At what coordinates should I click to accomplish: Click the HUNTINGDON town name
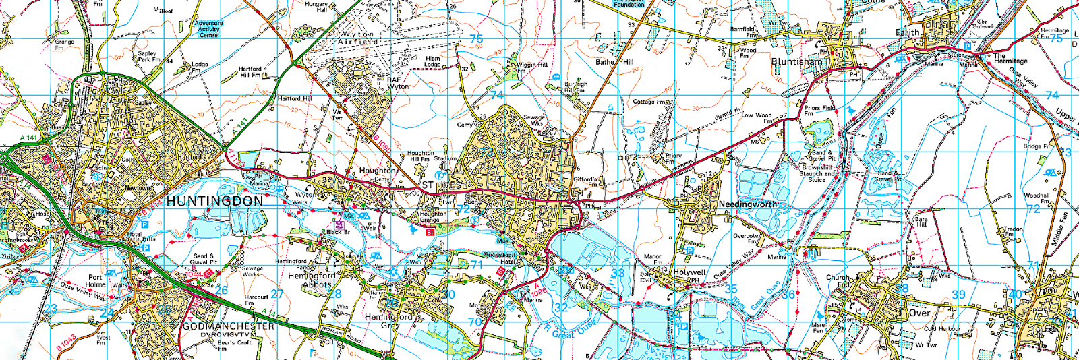click(214, 202)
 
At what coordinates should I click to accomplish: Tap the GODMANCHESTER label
click(229, 326)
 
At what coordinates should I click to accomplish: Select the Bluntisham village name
click(796, 61)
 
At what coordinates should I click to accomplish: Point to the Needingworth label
click(747, 204)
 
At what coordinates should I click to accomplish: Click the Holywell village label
click(689, 273)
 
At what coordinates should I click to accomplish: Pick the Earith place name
click(907, 32)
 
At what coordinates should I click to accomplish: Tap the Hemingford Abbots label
click(312, 280)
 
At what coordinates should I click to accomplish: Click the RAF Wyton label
click(397, 83)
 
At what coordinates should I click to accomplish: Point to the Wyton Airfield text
click(358, 38)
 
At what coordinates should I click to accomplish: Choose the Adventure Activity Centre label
click(208, 29)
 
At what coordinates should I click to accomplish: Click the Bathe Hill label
click(614, 62)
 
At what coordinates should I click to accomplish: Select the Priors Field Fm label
click(819, 110)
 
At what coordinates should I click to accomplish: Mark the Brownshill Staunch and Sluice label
click(817, 173)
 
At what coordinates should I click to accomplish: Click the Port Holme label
click(96, 281)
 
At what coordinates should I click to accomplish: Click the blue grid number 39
click(958, 295)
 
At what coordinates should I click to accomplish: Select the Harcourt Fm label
click(256, 300)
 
